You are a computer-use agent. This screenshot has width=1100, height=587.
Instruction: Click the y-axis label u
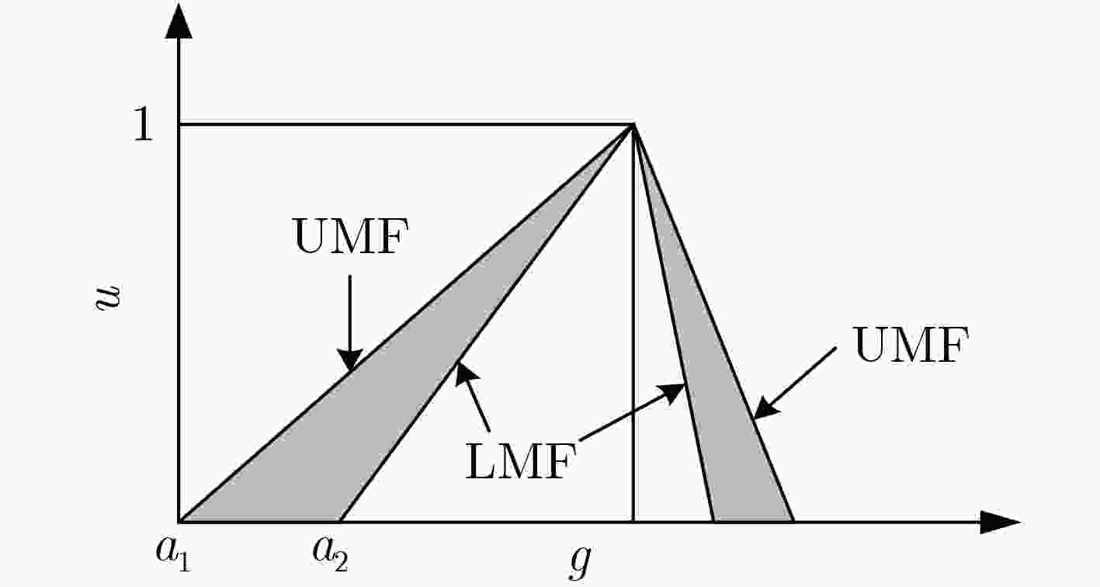click(x=108, y=297)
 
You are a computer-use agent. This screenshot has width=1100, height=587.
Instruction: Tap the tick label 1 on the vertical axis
click(x=144, y=124)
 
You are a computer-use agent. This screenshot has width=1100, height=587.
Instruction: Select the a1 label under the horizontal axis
click(x=173, y=554)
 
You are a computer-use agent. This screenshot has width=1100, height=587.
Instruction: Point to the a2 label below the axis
click(x=330, y=554)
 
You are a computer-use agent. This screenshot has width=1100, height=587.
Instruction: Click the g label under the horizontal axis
click(x=581, y=561)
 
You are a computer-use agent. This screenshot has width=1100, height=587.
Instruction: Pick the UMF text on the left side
click(x=351, y=236)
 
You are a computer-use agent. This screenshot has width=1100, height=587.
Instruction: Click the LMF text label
click(x=520, y=460)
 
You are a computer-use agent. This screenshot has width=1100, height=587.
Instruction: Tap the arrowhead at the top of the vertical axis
click(x=179, y=21)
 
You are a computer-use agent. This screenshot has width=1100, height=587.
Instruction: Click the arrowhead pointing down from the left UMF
click(x=350, y=359)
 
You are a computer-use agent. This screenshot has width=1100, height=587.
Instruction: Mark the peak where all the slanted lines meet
click(x=633, y=125)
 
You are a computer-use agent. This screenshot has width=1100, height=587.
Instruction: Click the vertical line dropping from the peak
click(x=633, y=323)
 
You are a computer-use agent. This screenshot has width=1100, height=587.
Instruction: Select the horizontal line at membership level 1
click(x=406, y=125)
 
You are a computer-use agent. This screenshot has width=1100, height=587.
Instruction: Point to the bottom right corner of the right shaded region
click(x=793, y=521)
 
